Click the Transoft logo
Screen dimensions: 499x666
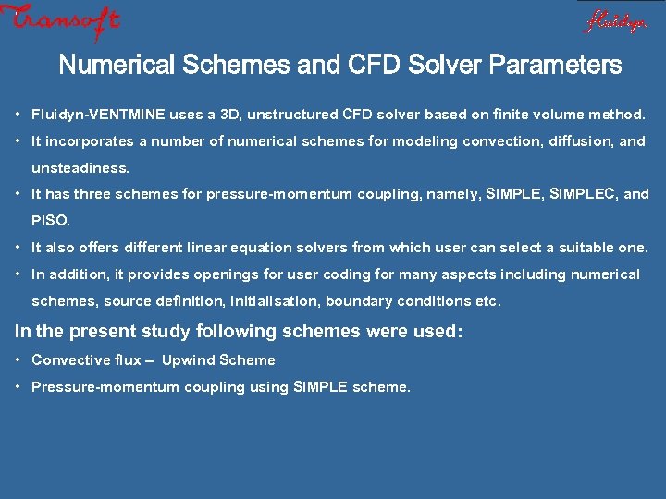click(x=61, y=21)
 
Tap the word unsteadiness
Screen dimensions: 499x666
click(x=80, y=168)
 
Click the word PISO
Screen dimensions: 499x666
click(x=50, y=221)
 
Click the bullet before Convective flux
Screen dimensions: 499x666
click(x=19, y=359)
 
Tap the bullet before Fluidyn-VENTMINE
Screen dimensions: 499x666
click(x=19, y=115)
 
